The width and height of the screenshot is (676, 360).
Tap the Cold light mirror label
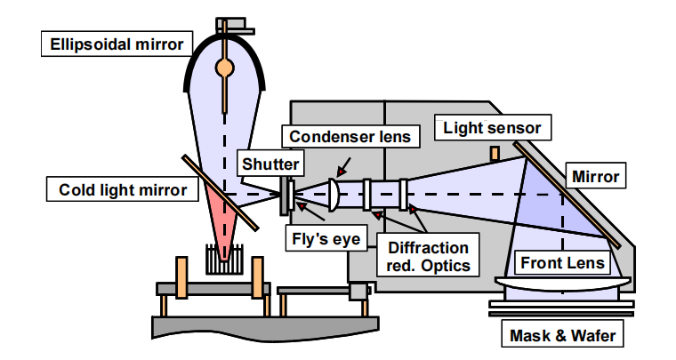coord(118,189)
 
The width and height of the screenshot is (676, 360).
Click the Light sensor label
coord(492,128)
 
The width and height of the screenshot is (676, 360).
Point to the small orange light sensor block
coord(495,155)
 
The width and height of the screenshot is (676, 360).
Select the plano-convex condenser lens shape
coord(333,194)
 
